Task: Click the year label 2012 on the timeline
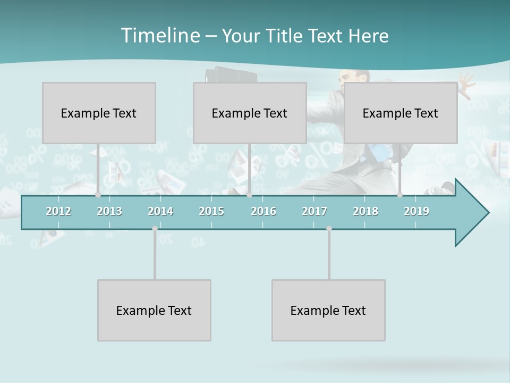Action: click(58, 211)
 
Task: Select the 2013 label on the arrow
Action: click(109, 211)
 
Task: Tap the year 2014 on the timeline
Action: click(160, 211)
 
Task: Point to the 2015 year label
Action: click(211, 211)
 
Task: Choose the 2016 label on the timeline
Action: click(263, 211)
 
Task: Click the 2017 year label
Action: click(314, 211)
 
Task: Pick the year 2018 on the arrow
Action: click(365, 211)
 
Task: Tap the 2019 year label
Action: click(416, 211)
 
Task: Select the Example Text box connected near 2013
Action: click(99, 113)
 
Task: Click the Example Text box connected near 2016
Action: click(250, 113)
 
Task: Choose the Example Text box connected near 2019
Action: click(401, 113)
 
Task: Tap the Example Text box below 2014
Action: click(154, 310)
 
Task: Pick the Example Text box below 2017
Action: click(328, 310)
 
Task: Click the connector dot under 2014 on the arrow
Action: click(155, 229)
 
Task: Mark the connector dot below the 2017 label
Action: click(329, 229)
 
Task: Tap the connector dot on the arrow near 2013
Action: click(98, 195)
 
